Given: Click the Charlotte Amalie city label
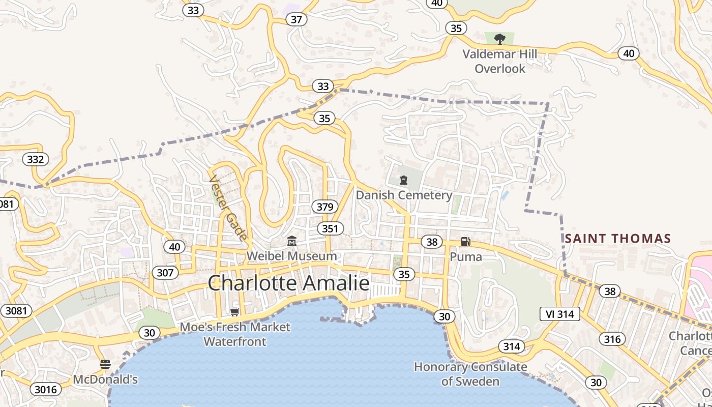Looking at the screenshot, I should (288, 283).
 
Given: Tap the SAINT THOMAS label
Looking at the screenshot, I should (618, 238).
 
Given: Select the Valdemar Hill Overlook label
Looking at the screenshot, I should (500, 61).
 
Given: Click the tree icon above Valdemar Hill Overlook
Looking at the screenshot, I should (500, 39).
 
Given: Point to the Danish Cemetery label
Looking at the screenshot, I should (404, 195).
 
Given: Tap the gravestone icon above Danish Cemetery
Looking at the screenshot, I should (404, 180).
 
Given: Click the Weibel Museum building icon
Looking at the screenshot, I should (292, 241).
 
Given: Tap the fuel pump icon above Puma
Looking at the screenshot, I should (465, 241).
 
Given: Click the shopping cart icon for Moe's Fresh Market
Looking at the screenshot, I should (234, 312).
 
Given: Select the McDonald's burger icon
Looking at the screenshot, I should (105, 364).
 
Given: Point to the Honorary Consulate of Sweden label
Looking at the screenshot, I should (470, 374).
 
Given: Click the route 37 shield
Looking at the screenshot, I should (296, 19).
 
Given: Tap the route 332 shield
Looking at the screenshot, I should (36, 159).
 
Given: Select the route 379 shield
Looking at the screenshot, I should (324, 207).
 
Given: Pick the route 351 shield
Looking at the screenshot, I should (330, 228).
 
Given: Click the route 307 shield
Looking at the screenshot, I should (165, 273).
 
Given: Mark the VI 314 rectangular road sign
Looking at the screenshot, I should (559, 314).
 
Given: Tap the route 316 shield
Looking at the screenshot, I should (612, 339).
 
